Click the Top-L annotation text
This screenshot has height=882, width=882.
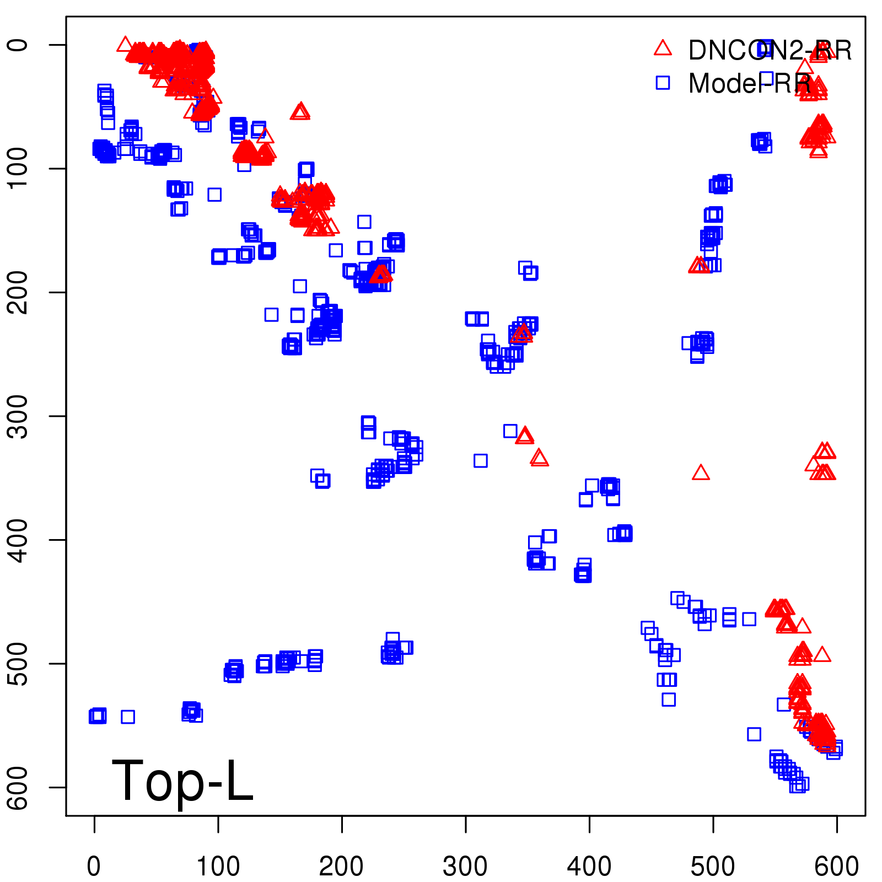[x=182, y=781]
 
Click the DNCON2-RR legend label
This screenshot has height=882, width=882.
[x=770, y=51]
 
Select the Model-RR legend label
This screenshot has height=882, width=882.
[x=749, y=84]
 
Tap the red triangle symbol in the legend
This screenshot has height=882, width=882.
[x=663, y=49]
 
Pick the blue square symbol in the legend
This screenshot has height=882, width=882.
[x=663, y=83]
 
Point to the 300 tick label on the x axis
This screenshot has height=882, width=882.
[x=465, y=866]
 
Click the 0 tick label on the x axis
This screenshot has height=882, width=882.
[x=94, y=866]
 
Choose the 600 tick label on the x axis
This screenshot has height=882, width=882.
[x=836, y=866]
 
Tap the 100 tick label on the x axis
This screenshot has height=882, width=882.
[x=218, y=866]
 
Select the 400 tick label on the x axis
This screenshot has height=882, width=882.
[x=589, y=866]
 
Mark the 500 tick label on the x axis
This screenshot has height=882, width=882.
[x=713, y=866]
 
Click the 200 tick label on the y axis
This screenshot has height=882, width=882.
[x=20, y=292]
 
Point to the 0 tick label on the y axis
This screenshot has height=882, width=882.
[x=20, y=45]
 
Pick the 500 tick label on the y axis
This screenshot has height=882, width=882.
[x=20, y=663]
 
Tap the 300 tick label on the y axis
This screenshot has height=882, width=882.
[x=20, y=416]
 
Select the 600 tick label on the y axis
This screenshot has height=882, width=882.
[x=20, y=787]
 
